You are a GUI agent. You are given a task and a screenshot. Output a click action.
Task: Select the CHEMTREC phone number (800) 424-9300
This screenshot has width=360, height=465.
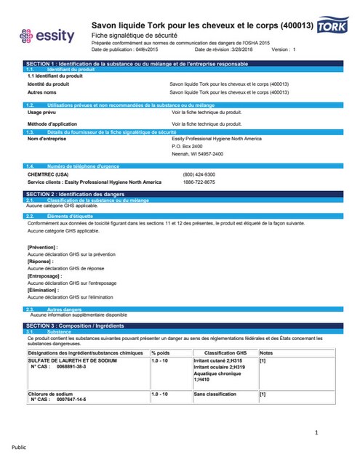(x=199, y=174)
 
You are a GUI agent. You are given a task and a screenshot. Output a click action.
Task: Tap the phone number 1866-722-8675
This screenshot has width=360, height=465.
(x=199, y=182)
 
